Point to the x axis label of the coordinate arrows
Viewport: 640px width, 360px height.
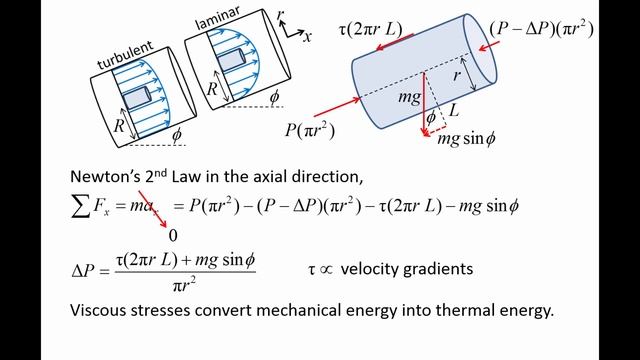(307, 37)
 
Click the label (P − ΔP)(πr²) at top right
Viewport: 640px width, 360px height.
(543, 27)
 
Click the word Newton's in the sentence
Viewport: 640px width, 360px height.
(105, 175)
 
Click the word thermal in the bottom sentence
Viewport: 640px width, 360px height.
(441, 310)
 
